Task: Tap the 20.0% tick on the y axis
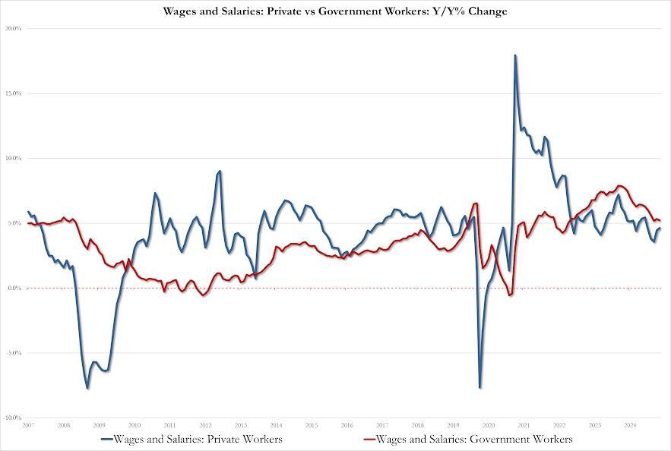point(13,29)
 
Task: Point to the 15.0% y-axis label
point(13,93)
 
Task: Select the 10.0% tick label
point(13,159)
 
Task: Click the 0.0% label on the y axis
point(14,289)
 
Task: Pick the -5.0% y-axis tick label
point(13,353)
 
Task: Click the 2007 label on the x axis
point(28,425)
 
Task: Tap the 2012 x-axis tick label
point(205,425)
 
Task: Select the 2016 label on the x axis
point(347,425)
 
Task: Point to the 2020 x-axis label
point(489,425)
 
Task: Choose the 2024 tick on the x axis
point(630,425)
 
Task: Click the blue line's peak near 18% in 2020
point(515,55)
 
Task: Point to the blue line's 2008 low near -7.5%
point(87,388)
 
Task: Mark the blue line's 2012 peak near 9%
point(220,172)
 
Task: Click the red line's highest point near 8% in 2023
point(620,185)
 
